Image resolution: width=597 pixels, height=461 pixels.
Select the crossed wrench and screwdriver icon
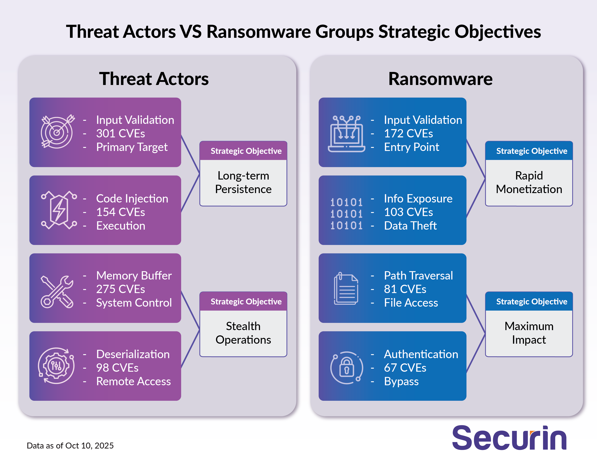57,292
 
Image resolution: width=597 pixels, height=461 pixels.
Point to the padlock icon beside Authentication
346,368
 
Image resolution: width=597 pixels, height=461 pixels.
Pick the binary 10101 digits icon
346,214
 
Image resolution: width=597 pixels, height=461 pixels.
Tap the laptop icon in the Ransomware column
346,134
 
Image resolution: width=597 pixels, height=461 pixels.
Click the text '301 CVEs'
120,134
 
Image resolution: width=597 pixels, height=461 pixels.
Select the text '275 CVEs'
120,289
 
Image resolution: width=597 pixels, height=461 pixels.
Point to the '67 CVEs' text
405,368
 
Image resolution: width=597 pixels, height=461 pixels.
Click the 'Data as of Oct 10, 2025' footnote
70,445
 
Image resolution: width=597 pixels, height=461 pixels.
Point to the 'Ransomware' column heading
440,79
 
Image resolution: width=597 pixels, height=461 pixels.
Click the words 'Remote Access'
133,381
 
